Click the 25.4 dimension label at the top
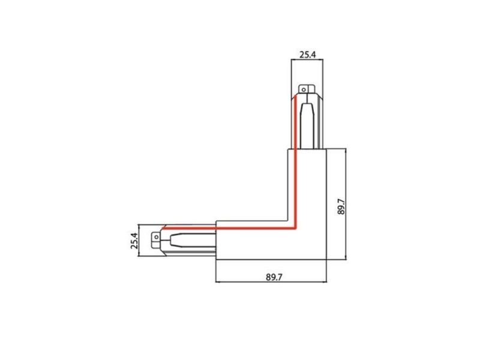click(307, 55)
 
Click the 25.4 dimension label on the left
click(134, 241)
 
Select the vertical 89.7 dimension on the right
click(341, 206)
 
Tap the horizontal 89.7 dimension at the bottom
click(274, 277)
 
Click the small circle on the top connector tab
click(304, 89)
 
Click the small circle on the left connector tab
click(157, 237)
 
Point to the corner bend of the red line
click(295, 227)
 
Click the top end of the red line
click(295, 97)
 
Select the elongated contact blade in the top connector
click(307, 126)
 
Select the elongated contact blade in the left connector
click(193, 241)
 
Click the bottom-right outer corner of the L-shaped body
click(326, 260)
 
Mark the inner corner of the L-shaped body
click(288, 221)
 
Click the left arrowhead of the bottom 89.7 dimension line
click(218, 281)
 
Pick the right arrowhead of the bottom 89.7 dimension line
click(325, 281)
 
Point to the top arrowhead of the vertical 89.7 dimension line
click(346, 151)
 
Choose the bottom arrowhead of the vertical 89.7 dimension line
click(346, 258)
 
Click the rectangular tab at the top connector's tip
click(307, 89)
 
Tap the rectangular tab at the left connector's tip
click(156, 241)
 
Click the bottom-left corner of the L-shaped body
click(216, 260)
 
